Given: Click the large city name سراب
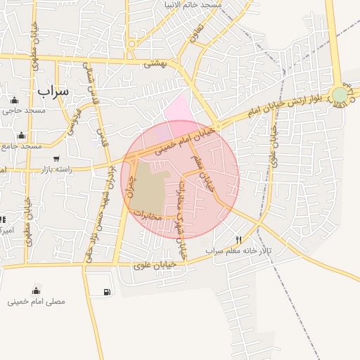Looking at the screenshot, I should coord(53,91).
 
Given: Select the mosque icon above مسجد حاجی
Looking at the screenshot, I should coord(15,100).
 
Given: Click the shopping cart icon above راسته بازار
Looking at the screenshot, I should coord(56,158).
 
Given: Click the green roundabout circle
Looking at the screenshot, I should coord(340,94).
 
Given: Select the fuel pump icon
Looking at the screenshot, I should coord(107,291).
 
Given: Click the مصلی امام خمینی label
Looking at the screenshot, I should coord(37,301).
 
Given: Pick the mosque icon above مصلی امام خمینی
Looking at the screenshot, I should coord(36,290).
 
